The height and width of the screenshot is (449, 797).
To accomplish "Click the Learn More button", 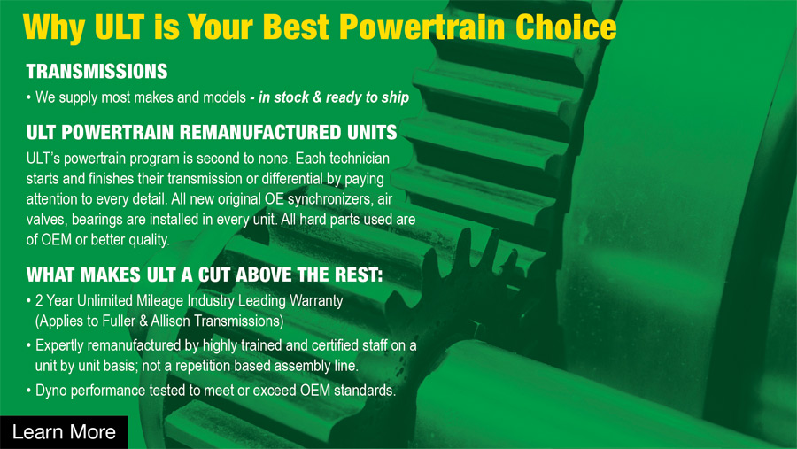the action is pyautogui.click(x=64, y=432).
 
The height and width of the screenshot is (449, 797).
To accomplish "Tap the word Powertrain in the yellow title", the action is pyautogui.click(x=422, y=27).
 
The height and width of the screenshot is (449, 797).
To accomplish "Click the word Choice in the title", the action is pyautogui.click(x=566, y=27).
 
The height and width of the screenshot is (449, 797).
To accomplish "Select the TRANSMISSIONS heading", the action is pyautogui.click(x=97, y=71).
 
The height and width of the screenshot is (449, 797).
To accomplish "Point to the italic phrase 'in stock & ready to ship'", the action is pyautogui.click(x=334, y=97).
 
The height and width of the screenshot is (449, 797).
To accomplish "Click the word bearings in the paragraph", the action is pyautogui.click(x=99, y=220).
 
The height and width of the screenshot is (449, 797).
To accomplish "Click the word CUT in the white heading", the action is pyautogui.click(x=214, y=275).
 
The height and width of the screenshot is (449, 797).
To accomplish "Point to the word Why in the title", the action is pyautogui.click(x=53, y=27).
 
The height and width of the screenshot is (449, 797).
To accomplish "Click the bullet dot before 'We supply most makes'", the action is pyautogui.click(x=29, y=97).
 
